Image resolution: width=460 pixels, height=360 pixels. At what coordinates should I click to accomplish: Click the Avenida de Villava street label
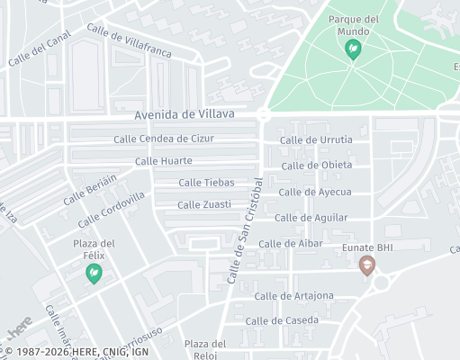pyautogui.click(x=185, y=114)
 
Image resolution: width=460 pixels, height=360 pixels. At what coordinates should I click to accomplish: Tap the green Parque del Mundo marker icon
pyautogui.click(x=354, y=50)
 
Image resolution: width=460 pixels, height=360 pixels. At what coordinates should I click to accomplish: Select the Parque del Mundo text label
pyautogui.click(x=353, y=24)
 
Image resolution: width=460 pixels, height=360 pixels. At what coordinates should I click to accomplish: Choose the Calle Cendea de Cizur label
pyautogui.click(x=164, y=139)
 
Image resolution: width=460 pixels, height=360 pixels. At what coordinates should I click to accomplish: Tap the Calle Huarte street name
pyautogui.click(x=164, y=161)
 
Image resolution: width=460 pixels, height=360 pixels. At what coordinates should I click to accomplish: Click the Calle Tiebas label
pyautogui.click(x=206, y=183)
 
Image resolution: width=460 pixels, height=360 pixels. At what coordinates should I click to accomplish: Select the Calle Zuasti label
pyautogui.click(x=204, y=204)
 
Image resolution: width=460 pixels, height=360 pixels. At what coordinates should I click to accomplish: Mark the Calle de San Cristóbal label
pyautogui.click(x=245, y=230)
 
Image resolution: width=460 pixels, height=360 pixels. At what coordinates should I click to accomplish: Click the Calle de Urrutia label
pyautogui.click(x=316, y=139)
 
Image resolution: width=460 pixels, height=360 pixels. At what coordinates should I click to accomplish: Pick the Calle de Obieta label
pyautogui.click(x=316, y=166)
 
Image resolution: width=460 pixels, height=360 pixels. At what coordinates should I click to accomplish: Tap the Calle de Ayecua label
pyautogui.click(x=314, y=192)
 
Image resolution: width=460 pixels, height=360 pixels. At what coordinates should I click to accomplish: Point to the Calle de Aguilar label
pyautogui.click(x=311, y=218)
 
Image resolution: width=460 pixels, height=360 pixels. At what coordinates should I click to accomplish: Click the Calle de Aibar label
pyautogui.click(x=291, y=244)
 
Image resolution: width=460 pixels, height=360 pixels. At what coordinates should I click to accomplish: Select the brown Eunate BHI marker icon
pyautogui.click(x=366, y=266)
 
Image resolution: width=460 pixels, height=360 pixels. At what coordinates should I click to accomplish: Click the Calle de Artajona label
pyautogui.click(x=293, y=296)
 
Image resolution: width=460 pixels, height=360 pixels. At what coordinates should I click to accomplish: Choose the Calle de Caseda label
pyautogui.click(x=281, y=321)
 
